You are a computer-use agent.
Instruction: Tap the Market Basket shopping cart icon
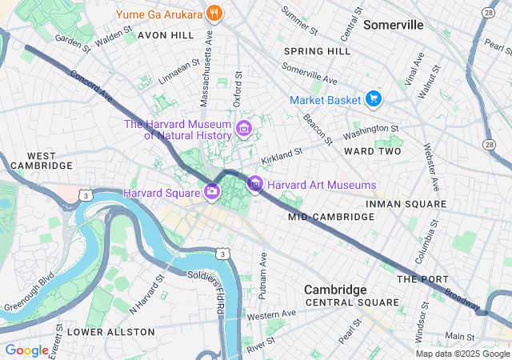coord(373,99)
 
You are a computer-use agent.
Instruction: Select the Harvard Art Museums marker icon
coord(254,185)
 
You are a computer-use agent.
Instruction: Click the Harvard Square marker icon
coord(212,191)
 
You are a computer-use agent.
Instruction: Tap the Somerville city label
coord(393,25)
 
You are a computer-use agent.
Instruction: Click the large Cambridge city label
coord(335,289)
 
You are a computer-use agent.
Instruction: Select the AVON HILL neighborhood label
coord(166,36)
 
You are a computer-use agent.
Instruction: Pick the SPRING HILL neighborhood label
coord(317,51)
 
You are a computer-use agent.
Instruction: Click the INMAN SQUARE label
coord(406,205)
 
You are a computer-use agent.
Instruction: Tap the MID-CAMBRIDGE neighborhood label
coord(320,217)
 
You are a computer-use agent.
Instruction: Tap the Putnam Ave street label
coord(262,276)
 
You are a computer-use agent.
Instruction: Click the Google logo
coord(26,350)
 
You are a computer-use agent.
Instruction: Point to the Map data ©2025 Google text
coord(462,354)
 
